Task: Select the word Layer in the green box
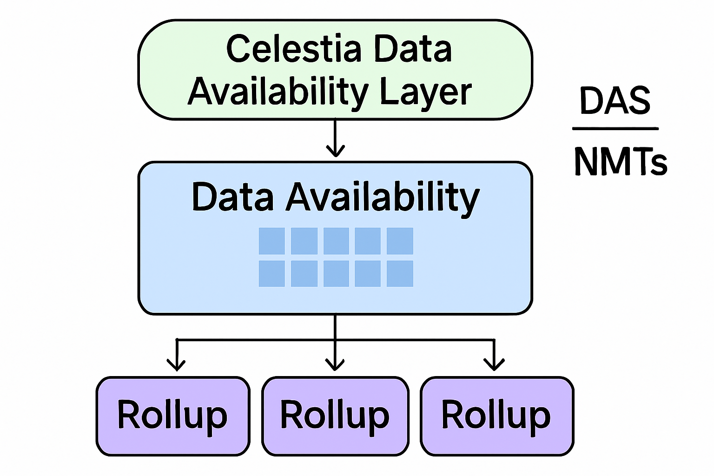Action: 425,92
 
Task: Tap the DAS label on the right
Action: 615,101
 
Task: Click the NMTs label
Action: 620,161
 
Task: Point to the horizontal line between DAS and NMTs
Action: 615,129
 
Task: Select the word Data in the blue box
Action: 232,197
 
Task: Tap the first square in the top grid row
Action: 271,241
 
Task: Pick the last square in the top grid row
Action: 400,241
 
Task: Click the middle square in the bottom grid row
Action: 336,273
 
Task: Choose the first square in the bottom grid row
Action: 271,273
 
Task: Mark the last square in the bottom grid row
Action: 400,273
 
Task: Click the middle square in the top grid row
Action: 336,241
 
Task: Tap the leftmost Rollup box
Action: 173,416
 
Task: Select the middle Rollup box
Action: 335,416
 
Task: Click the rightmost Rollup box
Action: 497,416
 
